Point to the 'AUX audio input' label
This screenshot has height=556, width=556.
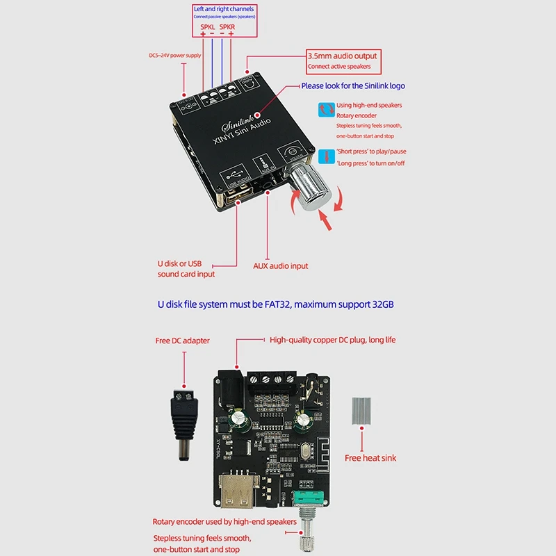tap(280, 265)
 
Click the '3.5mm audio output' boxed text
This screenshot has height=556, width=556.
tap(342, 56)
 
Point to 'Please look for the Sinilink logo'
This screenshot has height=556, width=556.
tap(353, 86)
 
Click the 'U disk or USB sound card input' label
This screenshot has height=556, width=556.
tap(182, 269)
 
